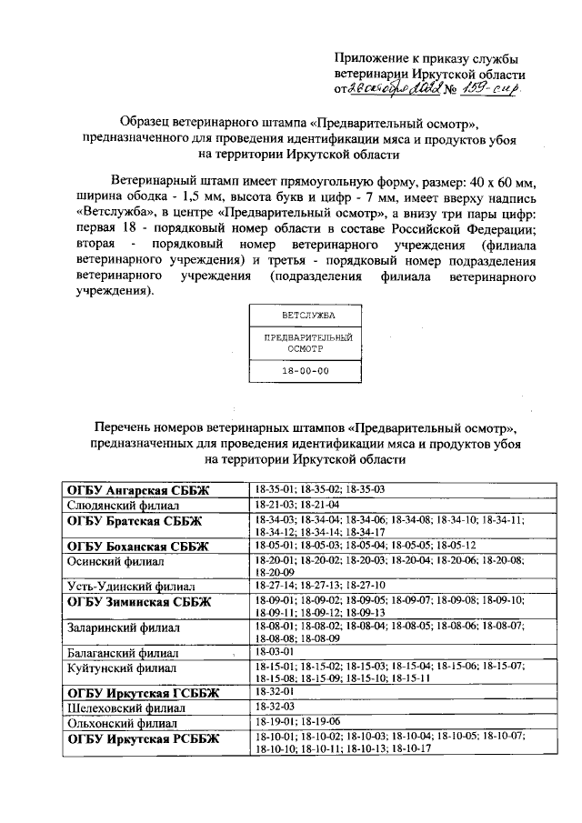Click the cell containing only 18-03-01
coord(273,652)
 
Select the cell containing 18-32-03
coord(273,708)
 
